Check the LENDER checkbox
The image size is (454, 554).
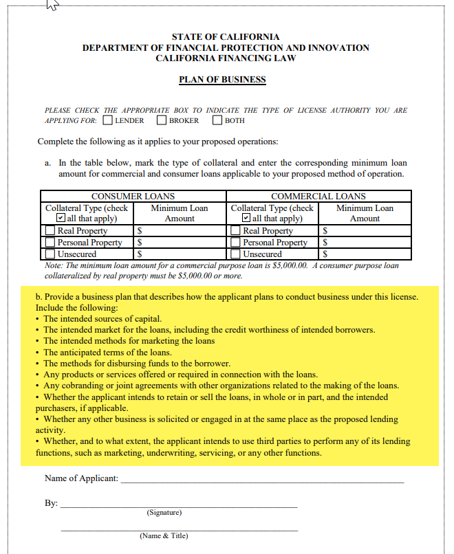point(108,120)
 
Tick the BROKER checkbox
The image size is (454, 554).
point(162,120)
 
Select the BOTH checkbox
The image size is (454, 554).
point(217,120)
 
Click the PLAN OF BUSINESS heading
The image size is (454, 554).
point(222,79)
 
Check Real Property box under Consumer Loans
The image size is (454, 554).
point(51,231)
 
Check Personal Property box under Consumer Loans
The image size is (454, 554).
point(51,242)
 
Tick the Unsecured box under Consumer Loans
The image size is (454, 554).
point(51,254)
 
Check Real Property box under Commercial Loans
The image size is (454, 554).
point(237,231)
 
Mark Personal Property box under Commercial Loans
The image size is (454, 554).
point(237,242)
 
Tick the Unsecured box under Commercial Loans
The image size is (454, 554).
point(237,254)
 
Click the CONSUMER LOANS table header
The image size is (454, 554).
point(133,197)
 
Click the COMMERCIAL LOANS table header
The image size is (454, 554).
point(318,197)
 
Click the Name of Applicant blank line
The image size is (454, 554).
point(261,480)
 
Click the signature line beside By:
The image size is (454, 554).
point(179,505)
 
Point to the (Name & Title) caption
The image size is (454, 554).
point(163,535)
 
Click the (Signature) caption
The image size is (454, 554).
point(164,513)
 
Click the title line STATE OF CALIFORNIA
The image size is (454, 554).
point(226,36)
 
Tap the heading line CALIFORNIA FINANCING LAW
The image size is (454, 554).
point(226,58)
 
